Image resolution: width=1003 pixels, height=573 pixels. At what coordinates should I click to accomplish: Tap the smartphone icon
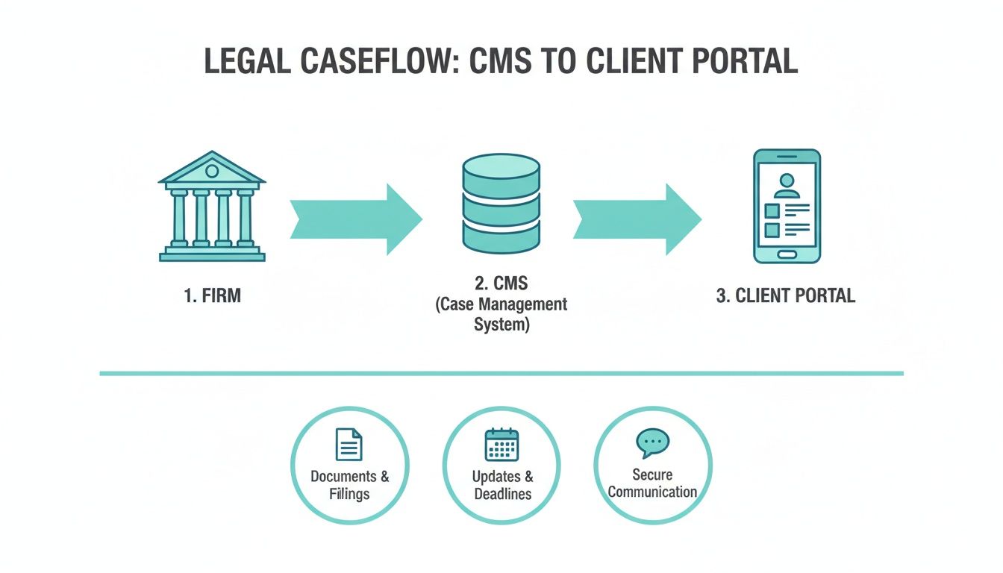(787, 206)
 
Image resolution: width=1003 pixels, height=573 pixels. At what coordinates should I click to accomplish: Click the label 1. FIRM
(212, 296)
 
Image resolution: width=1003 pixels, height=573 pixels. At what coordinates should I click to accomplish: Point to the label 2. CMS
(501, 284)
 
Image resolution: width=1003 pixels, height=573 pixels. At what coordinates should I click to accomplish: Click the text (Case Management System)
(501, 315)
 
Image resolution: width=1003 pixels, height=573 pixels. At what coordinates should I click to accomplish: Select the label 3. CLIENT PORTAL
(786, 296)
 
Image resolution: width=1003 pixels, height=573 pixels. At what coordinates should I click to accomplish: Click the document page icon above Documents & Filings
(349, 445)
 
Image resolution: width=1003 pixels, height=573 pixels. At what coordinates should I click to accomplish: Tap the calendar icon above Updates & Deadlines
(501, 445)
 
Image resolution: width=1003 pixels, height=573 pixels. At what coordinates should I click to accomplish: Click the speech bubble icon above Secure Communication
(652, 443)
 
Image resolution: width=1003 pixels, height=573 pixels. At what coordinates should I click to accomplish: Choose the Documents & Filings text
(349, 485)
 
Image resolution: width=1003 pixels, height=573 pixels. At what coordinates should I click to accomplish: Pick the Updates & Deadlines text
(502, 485)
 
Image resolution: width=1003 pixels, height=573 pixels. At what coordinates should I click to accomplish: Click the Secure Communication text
(652, 483)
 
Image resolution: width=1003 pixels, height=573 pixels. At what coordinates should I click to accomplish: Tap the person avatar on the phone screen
(787, 184)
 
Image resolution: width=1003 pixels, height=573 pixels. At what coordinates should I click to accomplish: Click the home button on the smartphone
(787, 254)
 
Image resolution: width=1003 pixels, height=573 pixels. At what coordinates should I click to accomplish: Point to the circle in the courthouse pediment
(212, 172)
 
